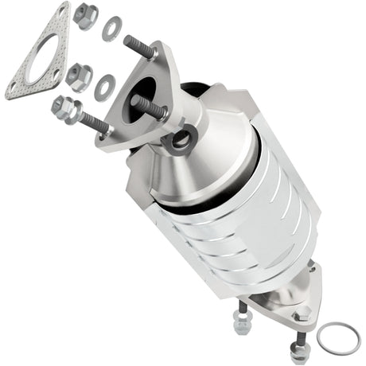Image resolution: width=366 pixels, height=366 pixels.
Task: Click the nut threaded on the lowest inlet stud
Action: click(x=64, y=107)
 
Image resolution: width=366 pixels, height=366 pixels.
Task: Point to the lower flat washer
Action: click(x=103, y=87)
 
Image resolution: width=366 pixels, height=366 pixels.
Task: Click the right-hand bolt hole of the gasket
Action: click(x=58, y=49)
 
